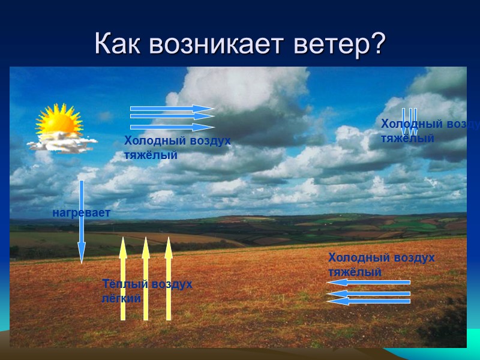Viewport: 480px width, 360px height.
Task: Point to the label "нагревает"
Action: (x=82, y=212)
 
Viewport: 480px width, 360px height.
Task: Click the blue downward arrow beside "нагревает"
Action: (x=82, y=222)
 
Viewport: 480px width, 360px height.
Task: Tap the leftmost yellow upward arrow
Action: (x=123, y=279)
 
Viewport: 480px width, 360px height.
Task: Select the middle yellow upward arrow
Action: (x=145, y=279)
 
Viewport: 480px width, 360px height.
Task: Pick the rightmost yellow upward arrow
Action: (x=169, y=279)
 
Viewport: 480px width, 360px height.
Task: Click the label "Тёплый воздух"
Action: (x=148, y=284)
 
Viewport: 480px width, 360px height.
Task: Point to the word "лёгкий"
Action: (x=121, y=297)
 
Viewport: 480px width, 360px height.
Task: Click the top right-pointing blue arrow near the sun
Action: (x=172, y=109)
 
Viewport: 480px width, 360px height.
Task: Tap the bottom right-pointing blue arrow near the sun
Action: (x=172, y=127)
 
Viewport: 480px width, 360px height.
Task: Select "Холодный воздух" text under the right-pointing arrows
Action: (x=177, y=141)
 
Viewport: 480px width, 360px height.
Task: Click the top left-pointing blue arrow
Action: (x=368, y=282)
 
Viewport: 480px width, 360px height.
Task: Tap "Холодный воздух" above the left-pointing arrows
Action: (x=381, y=257)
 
